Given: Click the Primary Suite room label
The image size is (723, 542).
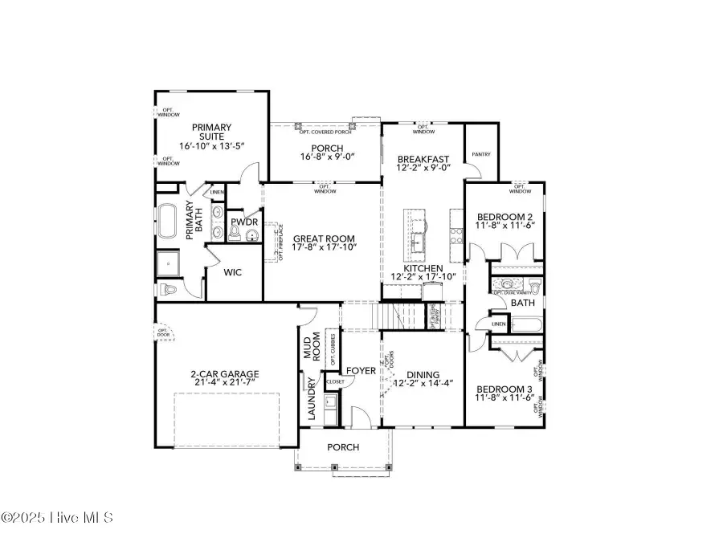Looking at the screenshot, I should pos(210,132).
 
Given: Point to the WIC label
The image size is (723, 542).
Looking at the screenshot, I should pos(232,273).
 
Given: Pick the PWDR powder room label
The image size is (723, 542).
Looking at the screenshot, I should pos(243,222).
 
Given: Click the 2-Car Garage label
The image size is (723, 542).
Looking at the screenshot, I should pos(224,373).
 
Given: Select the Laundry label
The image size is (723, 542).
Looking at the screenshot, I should pos(312,399).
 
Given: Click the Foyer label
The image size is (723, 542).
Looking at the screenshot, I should pos(361,370).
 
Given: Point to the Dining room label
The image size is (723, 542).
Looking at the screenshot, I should pos(423,374).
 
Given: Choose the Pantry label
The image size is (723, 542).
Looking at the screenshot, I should pos(481,154).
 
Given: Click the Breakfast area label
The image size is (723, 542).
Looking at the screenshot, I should pos(423,159).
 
